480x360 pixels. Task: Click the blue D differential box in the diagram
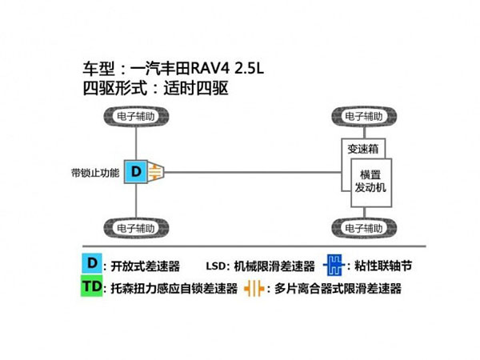(136, 170)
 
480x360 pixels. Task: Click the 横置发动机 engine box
(370, 180)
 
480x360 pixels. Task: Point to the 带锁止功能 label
(94, 171)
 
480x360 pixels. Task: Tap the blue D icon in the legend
(92, 264)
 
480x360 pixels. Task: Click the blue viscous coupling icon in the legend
(336, 264)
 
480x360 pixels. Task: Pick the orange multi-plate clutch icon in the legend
(254, 289)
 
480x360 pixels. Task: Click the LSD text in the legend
(218, 265)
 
